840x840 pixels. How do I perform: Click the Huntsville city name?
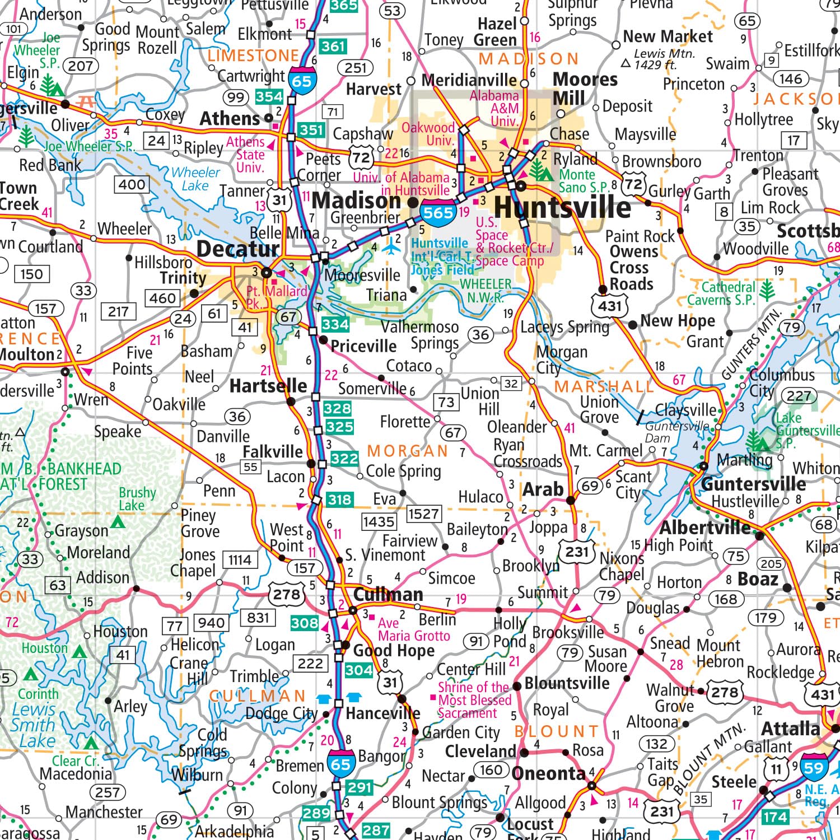click(x=562, y=208)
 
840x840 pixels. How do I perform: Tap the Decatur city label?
click(x=237, y=249)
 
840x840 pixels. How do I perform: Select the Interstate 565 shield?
click(x=438, y=213)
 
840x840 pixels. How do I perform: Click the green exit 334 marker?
click(x=335, y=324)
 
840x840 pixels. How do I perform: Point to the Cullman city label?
click(x=388, y=594)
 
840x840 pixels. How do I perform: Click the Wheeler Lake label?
click(x=195, y=179)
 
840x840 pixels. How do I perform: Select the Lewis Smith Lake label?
click(x=34, y=725)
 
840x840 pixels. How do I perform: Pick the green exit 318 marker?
click(x=339, y=500)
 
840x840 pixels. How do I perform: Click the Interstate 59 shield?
click(x=813, y=767)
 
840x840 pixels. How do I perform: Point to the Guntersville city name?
click(x=753, y=484)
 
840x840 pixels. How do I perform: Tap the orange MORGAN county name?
click(x=408, y=451)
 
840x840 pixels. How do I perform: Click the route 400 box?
click(x=132, y=184)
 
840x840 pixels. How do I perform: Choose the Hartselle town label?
click(x=268, y=386)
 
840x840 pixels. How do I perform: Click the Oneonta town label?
click(x=548, y=774)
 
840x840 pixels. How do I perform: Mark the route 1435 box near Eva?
click(x=379, y=521)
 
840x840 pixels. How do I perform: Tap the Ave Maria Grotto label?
click(x=413, y=629)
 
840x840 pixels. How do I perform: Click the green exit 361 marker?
click(x=333, y=46)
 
